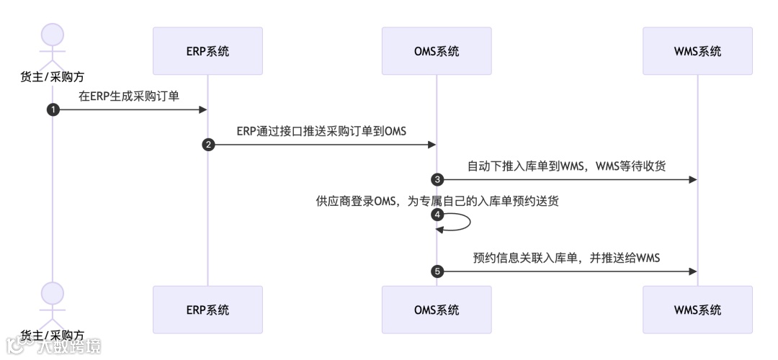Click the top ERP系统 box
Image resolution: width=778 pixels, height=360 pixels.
(x=207, y=51)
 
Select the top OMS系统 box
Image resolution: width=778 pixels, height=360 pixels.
(x=437, y=51)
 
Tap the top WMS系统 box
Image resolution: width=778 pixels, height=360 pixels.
(x=697, y=51)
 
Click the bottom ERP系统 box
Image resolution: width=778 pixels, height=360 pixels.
(x=207, y=310)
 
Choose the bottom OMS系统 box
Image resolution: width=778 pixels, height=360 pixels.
(x=437, y=310)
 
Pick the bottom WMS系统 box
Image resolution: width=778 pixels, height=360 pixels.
(x=697, y=310)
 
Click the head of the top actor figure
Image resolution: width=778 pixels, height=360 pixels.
(x=52, y=35)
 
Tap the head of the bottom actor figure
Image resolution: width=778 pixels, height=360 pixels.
(x=52, y=293)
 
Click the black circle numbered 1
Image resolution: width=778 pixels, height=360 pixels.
(x=52, y=109)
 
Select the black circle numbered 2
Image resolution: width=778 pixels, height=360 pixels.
(x=207, y=145)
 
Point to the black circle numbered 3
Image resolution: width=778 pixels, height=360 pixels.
(x=437, y=179)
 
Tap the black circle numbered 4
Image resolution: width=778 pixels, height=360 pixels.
(x=437, y=215)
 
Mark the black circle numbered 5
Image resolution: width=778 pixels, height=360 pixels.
(x=437, y=271)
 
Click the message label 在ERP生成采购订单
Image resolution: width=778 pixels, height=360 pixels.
(x=130, y=95)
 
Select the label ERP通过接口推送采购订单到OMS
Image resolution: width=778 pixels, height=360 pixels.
(x=322, y=130)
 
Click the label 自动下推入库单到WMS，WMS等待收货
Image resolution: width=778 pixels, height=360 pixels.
(x=566, y=166)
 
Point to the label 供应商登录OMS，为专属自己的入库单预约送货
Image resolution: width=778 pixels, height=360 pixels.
(x=437, y=201)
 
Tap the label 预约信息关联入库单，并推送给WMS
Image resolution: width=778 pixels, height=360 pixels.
(x=566, y=258)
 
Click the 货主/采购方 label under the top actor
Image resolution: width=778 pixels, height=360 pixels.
(x=52, y=76)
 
